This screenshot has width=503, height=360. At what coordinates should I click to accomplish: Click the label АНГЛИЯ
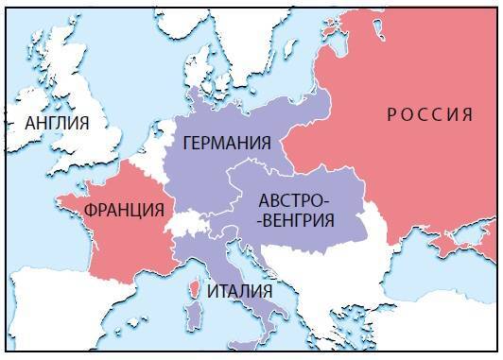pyautogui.click(x=58, y=123)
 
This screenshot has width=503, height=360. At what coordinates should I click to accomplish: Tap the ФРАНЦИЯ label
pyautogui.click(x=123, y=210)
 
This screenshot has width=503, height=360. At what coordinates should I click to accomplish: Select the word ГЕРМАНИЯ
pyautogui.click(x=227, y=144)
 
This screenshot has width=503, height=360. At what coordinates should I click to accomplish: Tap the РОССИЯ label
pyautogui.click(x=429, y=115)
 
